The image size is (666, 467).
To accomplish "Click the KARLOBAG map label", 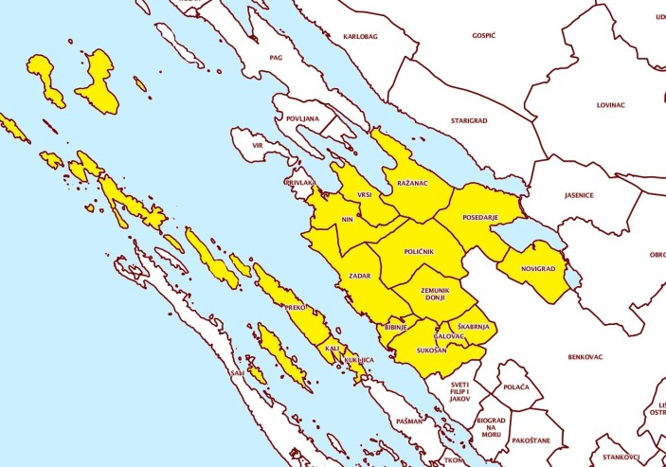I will pos(360,36).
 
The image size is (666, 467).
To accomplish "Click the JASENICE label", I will pos(578,196).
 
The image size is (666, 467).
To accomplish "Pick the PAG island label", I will pos(277,58).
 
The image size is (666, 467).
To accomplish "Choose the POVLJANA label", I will pos(302,118).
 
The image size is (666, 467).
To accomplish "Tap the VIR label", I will pos(260,146).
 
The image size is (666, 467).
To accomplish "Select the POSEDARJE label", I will pos(480,218).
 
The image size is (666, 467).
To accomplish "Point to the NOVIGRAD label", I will pos(538,269).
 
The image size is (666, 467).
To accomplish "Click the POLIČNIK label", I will pos(419,251).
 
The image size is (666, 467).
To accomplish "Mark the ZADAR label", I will pos(360,276).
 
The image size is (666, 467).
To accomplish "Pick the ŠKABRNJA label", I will pos(471,326).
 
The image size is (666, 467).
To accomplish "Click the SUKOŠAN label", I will pos(432,350).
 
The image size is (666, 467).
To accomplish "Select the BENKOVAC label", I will pos(585,357).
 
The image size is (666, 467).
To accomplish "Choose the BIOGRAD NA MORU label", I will pos(491,426).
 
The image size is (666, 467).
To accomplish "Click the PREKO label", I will pos(296,308).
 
